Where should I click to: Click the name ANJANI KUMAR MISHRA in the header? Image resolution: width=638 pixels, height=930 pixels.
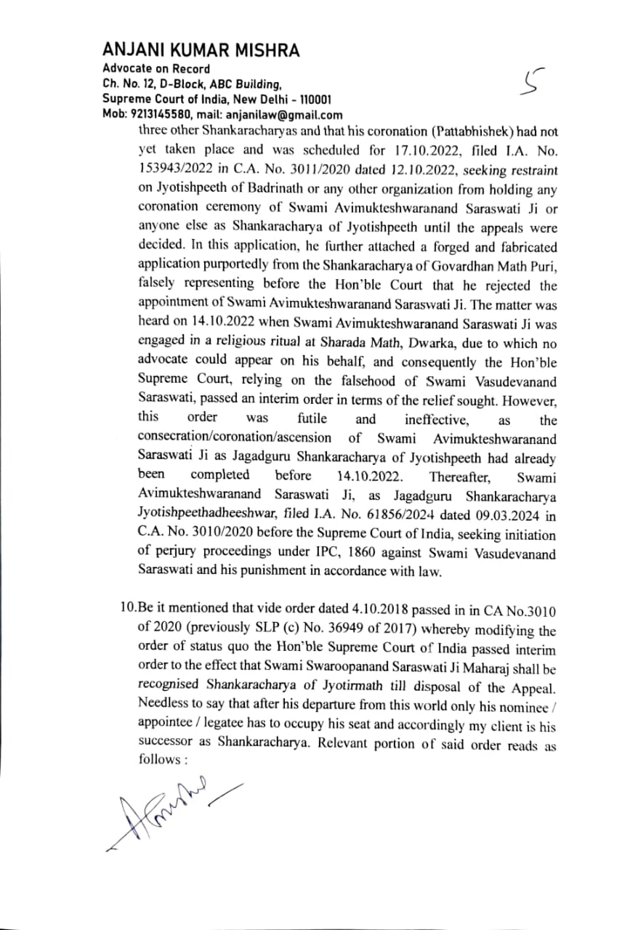[x=201, y=49]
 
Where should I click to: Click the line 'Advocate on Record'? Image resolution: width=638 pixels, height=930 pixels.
[x=146, y=69]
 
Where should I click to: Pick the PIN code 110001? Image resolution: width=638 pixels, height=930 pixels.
[x=314, y=100]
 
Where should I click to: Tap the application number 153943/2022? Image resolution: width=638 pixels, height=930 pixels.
[x=171, y=171]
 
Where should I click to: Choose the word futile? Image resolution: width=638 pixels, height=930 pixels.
[x=312, y=419]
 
